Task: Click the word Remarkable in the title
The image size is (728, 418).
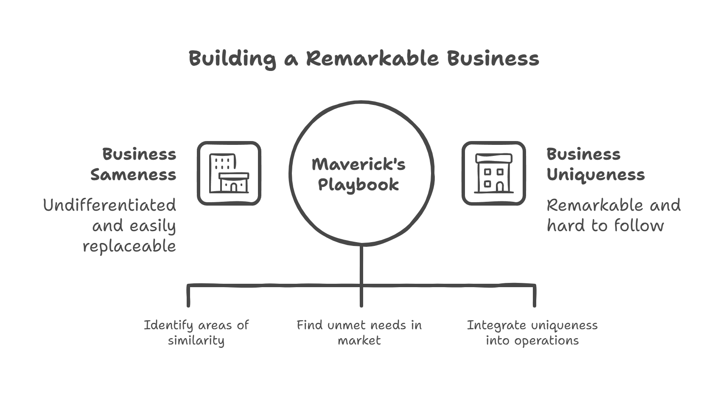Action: point(372,58)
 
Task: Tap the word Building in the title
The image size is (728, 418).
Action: point(232,58)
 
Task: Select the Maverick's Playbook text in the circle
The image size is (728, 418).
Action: point(358,174)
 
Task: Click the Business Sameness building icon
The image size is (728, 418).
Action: point(229,173)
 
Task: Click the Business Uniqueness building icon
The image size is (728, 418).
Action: point(493,173)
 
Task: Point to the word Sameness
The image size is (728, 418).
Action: point(133,175)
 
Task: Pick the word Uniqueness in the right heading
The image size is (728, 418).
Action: point(595,175)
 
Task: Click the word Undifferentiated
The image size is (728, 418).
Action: point(109,205)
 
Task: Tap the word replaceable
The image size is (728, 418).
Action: point(129,246)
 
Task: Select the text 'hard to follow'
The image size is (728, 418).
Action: point(605,226)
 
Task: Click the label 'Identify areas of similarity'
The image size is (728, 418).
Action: point(196,333)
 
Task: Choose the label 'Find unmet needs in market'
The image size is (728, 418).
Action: point(359,333)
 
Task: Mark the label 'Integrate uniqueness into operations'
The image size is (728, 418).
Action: point(532,333)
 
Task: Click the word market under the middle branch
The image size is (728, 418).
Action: point(359,340)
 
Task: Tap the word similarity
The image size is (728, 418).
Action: point(196,340)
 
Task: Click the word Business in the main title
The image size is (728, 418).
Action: point(493,58)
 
